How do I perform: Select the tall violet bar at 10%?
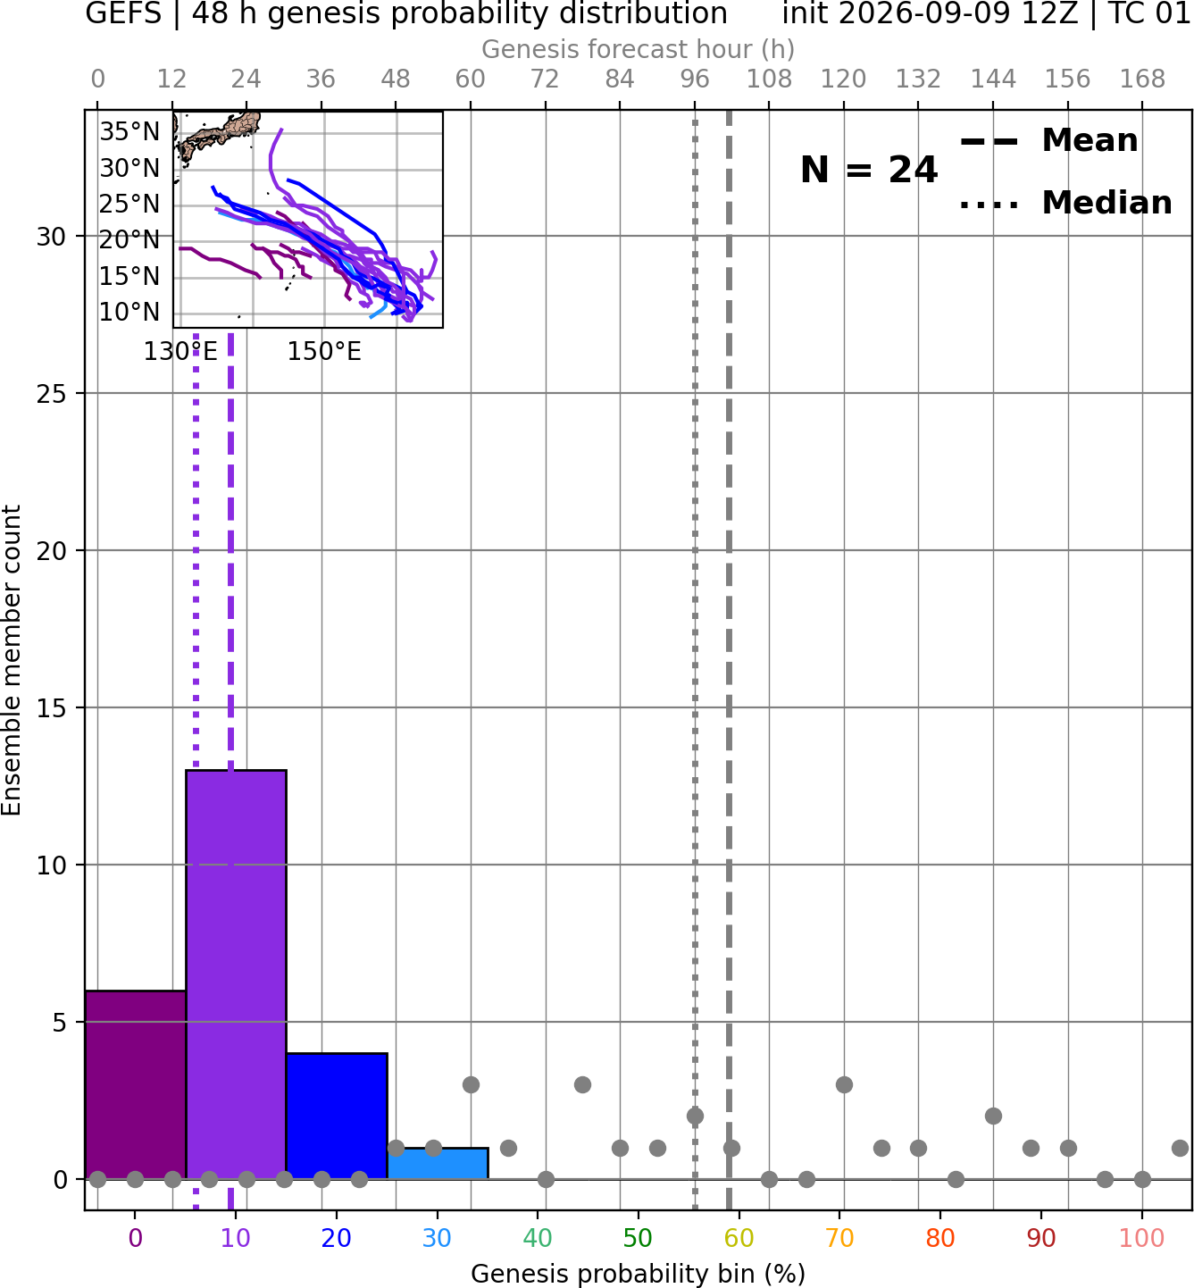pos(236,974)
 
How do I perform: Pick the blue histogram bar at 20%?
pos(337,1116)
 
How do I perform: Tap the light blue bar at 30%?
pos(438,1163)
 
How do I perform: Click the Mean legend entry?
pos(1048,141)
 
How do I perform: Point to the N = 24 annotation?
pos(869,170)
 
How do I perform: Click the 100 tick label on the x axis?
pos(1142,1238)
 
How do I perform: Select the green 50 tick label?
pos(639,1238)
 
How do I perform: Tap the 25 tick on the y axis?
pos(52,394)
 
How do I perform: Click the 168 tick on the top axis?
pos(1142,79)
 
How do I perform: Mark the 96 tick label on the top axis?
pos(695,79)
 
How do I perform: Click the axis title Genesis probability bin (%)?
pos(639,1273)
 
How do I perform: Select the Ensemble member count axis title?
pos(12,660)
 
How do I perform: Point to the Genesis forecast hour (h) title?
pos(639,49)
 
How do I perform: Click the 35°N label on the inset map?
pos(129,131)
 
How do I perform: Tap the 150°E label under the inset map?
pos(324,352)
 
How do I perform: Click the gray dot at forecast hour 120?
pos(844,1084)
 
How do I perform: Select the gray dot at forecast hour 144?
pos(993,1116)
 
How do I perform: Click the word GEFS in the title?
pos(123,13)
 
